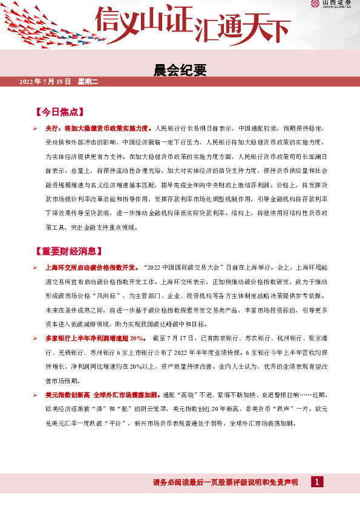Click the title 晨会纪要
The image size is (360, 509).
point(180,71)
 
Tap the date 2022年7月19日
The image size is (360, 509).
point(45,81)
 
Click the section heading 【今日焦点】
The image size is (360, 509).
point(59,112)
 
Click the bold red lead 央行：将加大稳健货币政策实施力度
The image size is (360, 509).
point(99,129)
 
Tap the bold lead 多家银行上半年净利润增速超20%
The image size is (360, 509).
point(95,337)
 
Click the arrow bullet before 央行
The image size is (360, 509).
point(36,129)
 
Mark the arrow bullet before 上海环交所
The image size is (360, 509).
point(36,267)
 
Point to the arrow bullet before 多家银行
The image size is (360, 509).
point(36,337)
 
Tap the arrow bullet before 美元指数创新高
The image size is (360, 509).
point(36,394)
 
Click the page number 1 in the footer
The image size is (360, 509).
point(316,482)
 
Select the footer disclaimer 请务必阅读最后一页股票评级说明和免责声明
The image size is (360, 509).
point(225,482)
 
